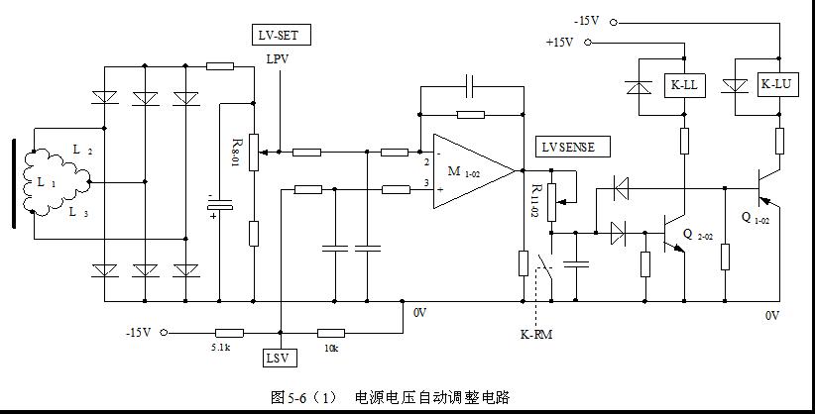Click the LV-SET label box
tap(282, 36)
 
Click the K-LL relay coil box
tap(683, 86)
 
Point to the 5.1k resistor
tap(230, 334)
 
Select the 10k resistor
tap(330, 334)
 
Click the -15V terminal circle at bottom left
tap(165, 334)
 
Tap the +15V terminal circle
tap(587, 42)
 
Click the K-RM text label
tap(536, 334)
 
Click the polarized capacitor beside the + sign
tap(219, 205)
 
